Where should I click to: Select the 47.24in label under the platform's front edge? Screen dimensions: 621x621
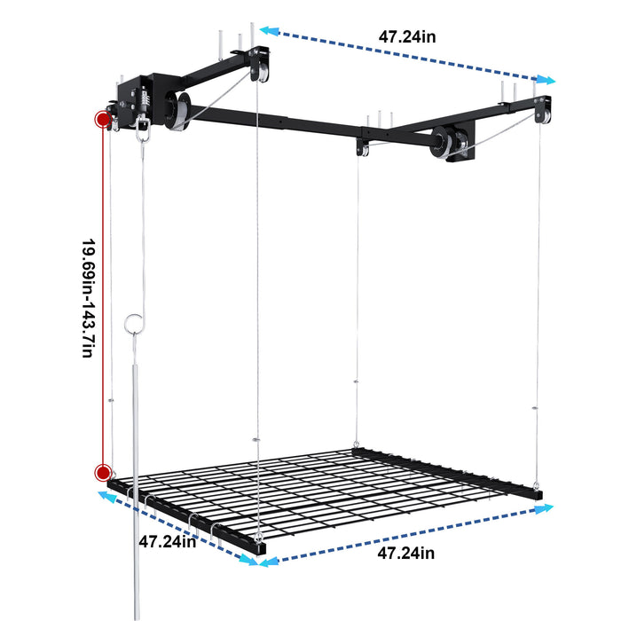click(x=405, y=554)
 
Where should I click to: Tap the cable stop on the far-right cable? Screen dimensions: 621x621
click(x=536, y=409)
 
